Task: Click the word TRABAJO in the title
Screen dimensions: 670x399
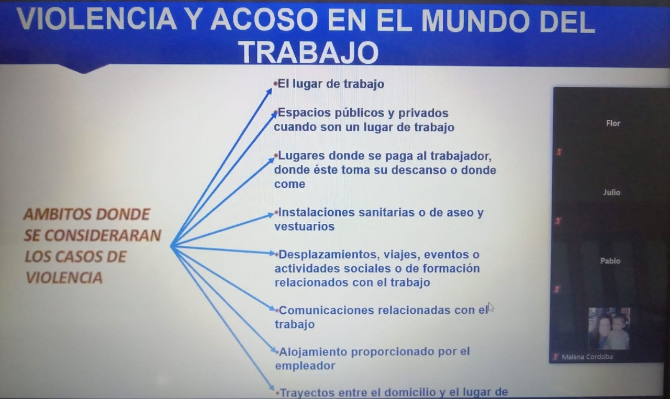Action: tap(309, 53)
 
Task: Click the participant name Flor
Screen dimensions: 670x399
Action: tap(613, 123)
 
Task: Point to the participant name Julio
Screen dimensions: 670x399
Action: tap(611, 192)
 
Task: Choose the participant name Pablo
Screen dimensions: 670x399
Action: tap(610, 261)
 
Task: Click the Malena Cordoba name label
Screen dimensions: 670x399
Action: tap(587, 357)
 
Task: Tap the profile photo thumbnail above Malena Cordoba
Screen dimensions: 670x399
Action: tap(609, 328)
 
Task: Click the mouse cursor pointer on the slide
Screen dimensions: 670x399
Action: tap(490, 307)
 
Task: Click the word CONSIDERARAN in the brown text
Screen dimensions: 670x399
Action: tap(103, 235)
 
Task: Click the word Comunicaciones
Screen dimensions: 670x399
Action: tap(326, 310)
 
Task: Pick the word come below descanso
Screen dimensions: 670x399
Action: tap(289, 184)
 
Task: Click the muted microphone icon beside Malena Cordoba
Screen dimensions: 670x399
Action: tap(555, 357)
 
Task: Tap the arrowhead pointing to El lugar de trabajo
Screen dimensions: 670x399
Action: tap(269, 92)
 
